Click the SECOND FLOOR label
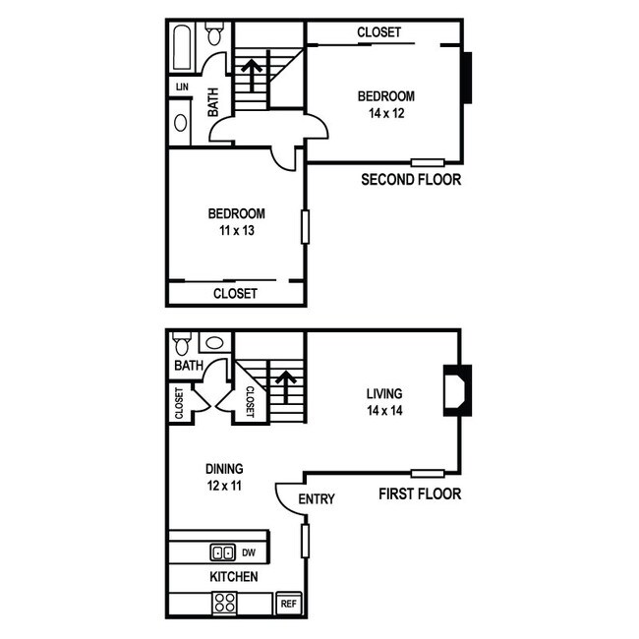click(x=411, y=180)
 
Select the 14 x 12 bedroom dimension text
click(x=385, y=113)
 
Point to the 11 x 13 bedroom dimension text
click(x=236, y=231)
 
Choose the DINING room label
click(x=224, y=469)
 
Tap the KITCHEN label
click(x=234, y=576)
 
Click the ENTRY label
click(x=317, y=499)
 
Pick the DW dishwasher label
click(x=249, y=553)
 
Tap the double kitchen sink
click(x=222, y=552)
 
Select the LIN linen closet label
click(x=181, y=87)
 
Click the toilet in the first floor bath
click(x=181, y=345)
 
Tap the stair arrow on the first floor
click(x=285, y=386)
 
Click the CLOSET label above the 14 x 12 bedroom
click(x=378, y=32)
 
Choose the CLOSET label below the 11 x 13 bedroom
click(x=235, y=294)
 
